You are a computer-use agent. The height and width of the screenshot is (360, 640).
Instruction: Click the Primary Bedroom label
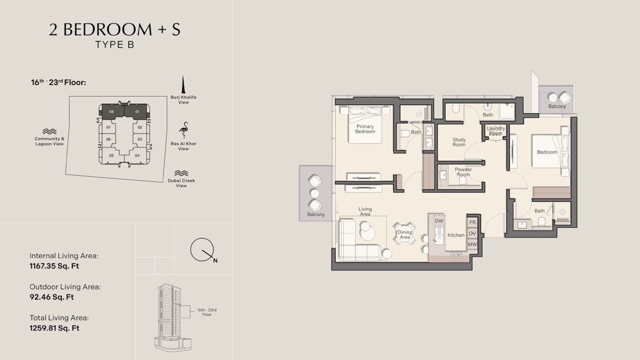coord(365,129)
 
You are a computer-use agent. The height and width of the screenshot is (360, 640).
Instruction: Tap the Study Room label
coord(459,142)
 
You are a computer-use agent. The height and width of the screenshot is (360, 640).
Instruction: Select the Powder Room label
coord(463,171)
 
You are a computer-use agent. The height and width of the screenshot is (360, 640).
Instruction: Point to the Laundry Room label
coord(495,131)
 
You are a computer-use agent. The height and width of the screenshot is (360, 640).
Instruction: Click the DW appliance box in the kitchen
coord(439,221)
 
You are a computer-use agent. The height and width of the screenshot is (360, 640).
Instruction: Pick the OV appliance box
coord(472,233)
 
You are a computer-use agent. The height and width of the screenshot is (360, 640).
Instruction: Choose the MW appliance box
coord(472,244)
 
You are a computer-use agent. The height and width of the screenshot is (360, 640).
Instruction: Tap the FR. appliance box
coord(473,222)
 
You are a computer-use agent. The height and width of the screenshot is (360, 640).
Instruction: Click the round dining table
coord(404,234)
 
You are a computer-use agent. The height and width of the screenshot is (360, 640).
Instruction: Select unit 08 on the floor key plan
coord(111,111)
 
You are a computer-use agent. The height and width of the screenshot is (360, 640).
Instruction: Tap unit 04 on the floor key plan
coord(137,155)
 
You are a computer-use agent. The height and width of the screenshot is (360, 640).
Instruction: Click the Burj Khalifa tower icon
coord(183,84)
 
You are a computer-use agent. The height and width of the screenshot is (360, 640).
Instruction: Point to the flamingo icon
coord(183,130)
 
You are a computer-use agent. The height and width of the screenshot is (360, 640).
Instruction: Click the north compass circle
coord(202,249)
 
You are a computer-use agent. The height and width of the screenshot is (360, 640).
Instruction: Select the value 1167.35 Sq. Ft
coord(54,266)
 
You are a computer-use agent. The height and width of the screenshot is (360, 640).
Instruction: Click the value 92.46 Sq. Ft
coord(51,297)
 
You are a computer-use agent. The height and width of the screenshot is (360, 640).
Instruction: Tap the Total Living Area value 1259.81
coord(54,328)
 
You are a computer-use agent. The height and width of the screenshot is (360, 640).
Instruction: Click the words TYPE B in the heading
coord(114,45)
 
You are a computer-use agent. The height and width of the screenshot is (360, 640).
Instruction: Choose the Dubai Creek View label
coord(181,183)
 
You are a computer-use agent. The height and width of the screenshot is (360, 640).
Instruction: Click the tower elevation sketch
coord(173,317)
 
